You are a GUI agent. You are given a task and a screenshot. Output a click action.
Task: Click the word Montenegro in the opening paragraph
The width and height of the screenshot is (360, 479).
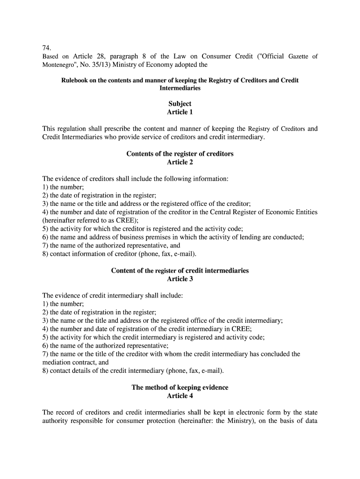click(58, 65)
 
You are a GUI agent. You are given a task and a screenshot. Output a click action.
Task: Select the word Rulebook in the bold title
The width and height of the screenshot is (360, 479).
click(75, 80)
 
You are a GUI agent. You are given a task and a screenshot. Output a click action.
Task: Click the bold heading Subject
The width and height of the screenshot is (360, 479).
click(180, 104)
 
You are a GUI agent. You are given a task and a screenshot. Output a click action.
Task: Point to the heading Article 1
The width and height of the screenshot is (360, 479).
click(180, 112)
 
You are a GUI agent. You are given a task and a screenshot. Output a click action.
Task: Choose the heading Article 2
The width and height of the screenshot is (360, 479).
click(180, 162)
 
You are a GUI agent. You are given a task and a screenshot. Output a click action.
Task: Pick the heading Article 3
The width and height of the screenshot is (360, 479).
click(180, 279)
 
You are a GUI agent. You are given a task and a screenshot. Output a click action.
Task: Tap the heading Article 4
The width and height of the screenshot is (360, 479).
click(180, 396)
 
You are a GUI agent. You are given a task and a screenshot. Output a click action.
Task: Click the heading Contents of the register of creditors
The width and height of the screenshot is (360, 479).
click(180, 154)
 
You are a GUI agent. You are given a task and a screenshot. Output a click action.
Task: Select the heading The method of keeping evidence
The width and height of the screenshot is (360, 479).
click(180, 387)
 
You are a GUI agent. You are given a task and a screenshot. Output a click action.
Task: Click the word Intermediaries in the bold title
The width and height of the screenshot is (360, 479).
click(180, 88)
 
